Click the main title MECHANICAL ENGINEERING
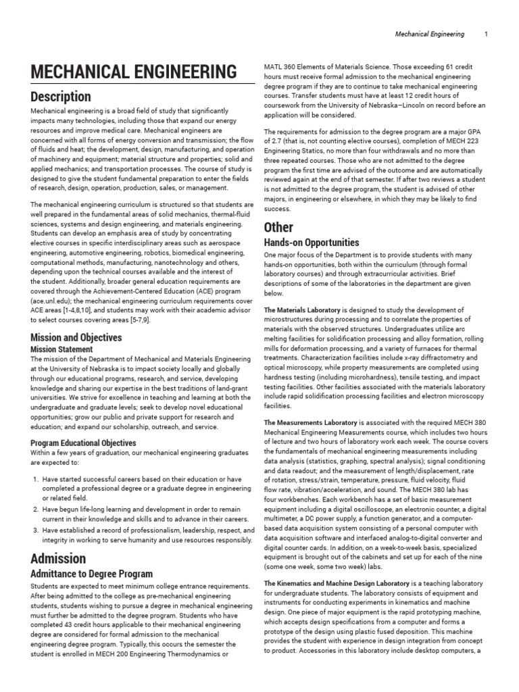pos(133,72)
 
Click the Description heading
pos(61,97)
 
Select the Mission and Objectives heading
pos(76,337)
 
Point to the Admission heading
pos(58,558)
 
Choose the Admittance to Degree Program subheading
pos(92,574)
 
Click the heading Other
pos(278,227)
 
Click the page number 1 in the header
pos(486,34)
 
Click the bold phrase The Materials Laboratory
pos(301,310)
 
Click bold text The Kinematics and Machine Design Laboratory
pos(337,583)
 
